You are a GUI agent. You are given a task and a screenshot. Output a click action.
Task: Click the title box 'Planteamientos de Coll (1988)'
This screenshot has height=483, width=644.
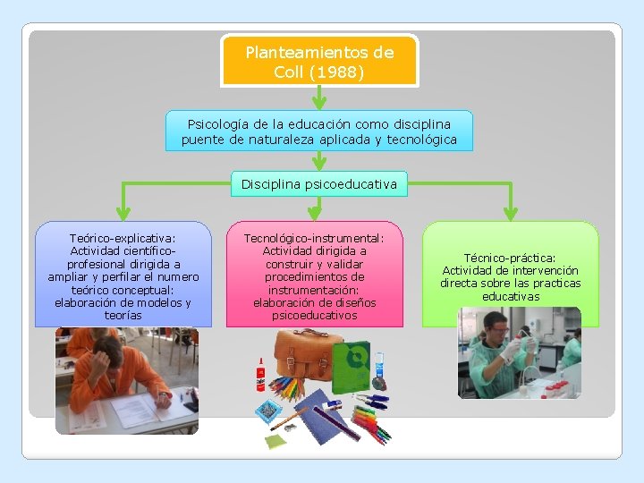pos(319,61)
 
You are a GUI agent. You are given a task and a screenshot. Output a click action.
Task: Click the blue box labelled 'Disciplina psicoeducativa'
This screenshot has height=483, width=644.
pos(319,185)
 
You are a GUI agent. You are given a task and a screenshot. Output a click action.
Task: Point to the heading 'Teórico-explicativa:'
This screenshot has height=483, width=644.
pos(123,239)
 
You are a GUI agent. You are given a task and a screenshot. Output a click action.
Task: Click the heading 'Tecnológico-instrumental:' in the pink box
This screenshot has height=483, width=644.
pos(314,239)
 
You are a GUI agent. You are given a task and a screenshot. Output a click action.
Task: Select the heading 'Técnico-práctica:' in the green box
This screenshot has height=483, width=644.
pos(510,258)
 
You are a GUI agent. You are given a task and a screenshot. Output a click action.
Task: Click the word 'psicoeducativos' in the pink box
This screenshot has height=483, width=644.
pos(314,315)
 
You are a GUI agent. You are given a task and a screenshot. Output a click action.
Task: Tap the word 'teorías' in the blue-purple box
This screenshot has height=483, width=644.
pos(123,315)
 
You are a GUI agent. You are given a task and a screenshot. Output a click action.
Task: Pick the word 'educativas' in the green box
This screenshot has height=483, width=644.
pos(510,296)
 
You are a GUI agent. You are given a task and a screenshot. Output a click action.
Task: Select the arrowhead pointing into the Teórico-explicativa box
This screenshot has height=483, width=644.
pos(123,213)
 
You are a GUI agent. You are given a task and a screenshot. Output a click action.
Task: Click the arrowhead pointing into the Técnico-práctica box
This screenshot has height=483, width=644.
pos(510,213)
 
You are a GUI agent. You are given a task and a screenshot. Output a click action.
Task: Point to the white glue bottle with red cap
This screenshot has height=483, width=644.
pos(261,375)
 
